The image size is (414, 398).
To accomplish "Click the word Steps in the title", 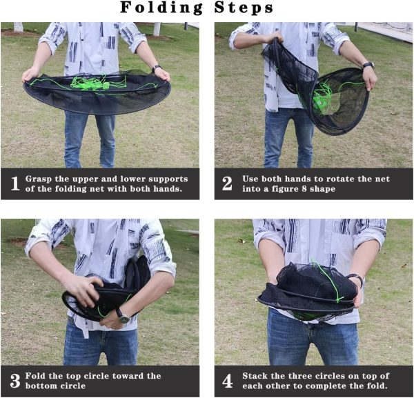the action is pyautogui.click(x=244, y=8).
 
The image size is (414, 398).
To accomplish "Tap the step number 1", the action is pyautogui.click(x=15, y=183).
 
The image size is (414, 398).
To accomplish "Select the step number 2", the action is pyautogui.click(x=227, y=183).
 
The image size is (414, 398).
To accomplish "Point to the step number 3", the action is pyautogui.click(x=15, y=381).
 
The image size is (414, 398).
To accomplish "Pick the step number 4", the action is pyautogui.click(x=227, y=381).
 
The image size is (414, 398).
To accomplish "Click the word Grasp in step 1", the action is pyautogui.click(x=39, y=179).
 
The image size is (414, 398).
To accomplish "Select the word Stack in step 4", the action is pyautogui.click(x=255, y=375).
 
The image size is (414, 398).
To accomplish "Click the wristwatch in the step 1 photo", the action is pyautogui.click(x=157, y=68).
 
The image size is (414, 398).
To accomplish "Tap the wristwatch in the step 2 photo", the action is pyautogui.click(x=368, y=66).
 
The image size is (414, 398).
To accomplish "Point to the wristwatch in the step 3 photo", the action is pyautogui.click(x=123, y=316).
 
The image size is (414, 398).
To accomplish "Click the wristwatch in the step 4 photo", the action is pyautogui.click(x=357, y=279).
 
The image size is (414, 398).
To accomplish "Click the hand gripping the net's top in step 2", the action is pyautogui.click(x=273, y=37).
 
